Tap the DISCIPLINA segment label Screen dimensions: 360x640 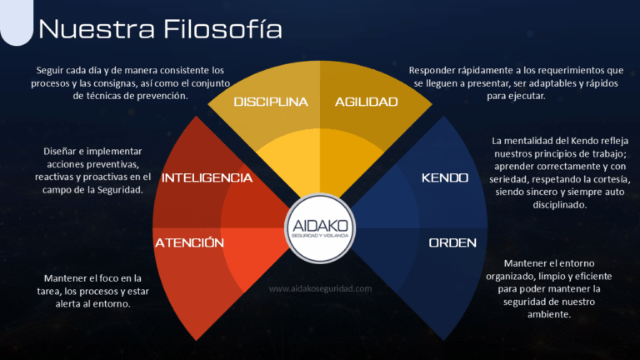pyautogui.click(x=271, y=102)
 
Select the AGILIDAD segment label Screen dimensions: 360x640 pyautogui.click(x=366, y=102)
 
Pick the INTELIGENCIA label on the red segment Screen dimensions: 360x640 pyautogui.click(x=207, y=177)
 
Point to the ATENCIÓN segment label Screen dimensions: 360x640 pyautogui.click(x=189, y=242)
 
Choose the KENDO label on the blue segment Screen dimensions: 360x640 pyautogui.click(x=445, y=177)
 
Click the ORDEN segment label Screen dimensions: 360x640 pyautogui.click(x=452, y=242)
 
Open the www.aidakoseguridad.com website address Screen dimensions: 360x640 pyautogui.click(x=320, y=288)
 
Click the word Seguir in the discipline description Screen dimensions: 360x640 pyautogui.click(x=48, y=71)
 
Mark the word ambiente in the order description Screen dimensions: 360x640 pyautogui.click(x=548, y=314)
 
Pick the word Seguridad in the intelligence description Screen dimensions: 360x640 pyautogui.click(x=120, y=190)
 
